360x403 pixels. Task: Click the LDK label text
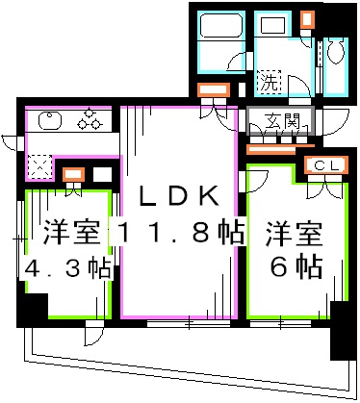(x=179, y=196)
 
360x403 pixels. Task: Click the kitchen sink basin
(x=49, y=120)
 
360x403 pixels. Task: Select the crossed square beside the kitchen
(x=41, y=166)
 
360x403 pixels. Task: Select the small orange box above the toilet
(x=306, y=19)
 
